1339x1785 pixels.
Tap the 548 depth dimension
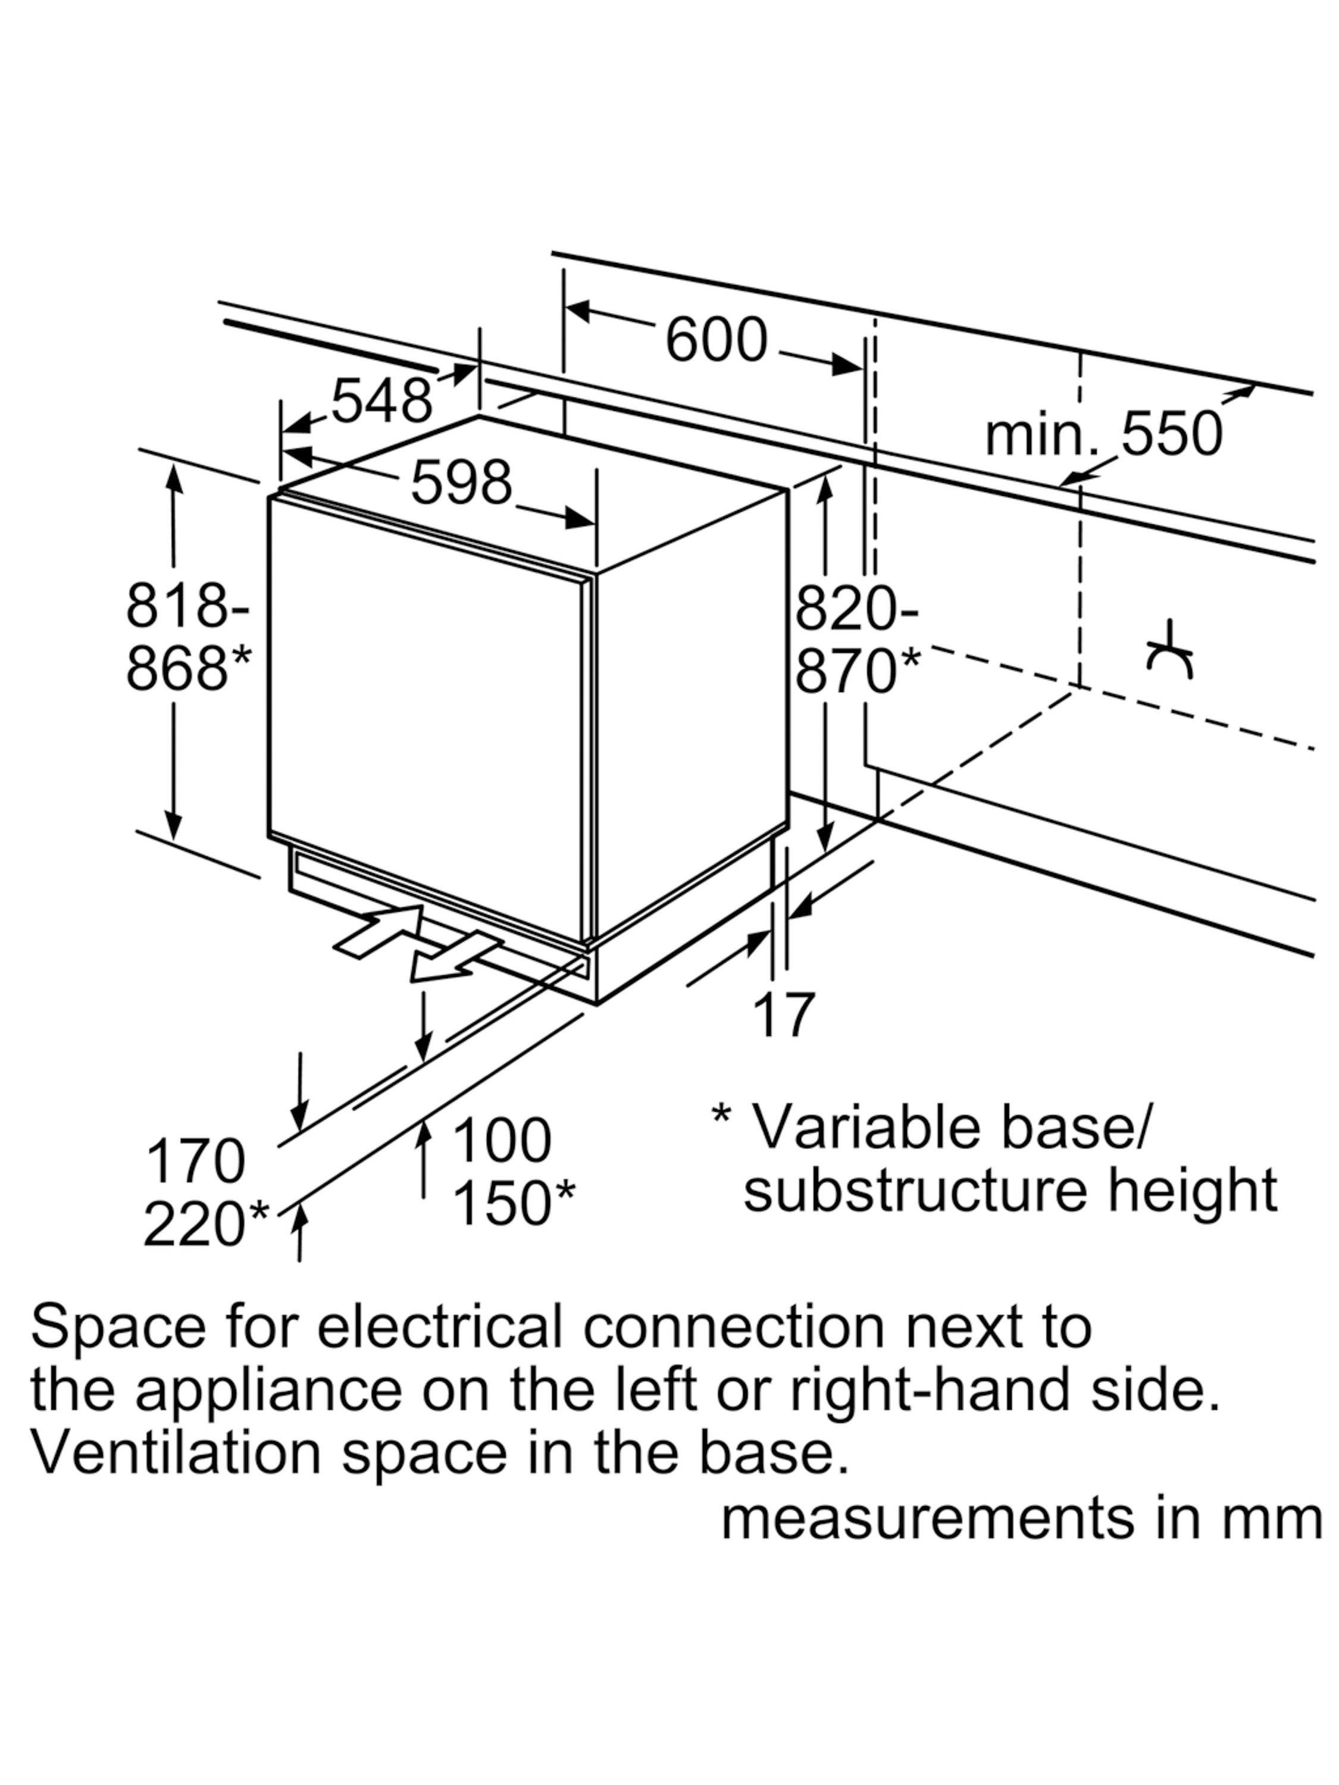(x=382, y=401)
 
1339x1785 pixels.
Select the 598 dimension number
(x=462, y=483)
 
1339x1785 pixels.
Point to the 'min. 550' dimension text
(x=1103, y=435)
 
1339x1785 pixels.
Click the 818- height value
(x=187, y=606)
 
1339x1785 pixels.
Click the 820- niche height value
(x=857, y=609)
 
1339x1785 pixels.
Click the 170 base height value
(x=195, y=1161)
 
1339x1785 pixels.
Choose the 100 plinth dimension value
(x=502, y=1141)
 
